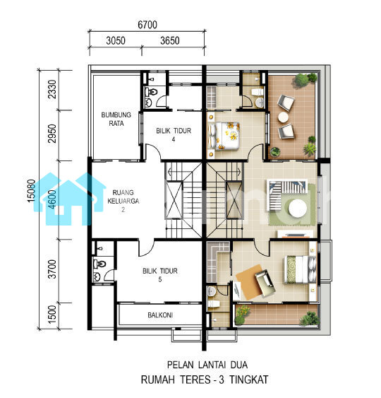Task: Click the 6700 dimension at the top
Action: point(147,25)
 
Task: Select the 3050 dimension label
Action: point(116,40)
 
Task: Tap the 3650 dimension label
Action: point(170,40)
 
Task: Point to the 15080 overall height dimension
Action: point(31,191)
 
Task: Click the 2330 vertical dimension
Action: point(52,89)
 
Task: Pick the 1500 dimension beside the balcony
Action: point(52,315)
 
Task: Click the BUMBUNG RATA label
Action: point(116,119)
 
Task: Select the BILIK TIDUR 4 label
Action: point(174,135)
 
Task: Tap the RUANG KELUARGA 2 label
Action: point(123,201)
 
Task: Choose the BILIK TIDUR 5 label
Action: point(160,275)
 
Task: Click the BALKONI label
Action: point(160,315)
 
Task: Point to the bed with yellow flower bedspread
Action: point(224,136)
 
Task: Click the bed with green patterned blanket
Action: point(301,269)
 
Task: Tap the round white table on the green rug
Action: point(298,209)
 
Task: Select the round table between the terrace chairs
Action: point(283,117)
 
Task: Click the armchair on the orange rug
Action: point(265,283)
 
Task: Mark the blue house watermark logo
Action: point(69,199)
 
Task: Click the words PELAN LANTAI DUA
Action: point(207,365)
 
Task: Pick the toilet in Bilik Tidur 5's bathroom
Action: point(99,264)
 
